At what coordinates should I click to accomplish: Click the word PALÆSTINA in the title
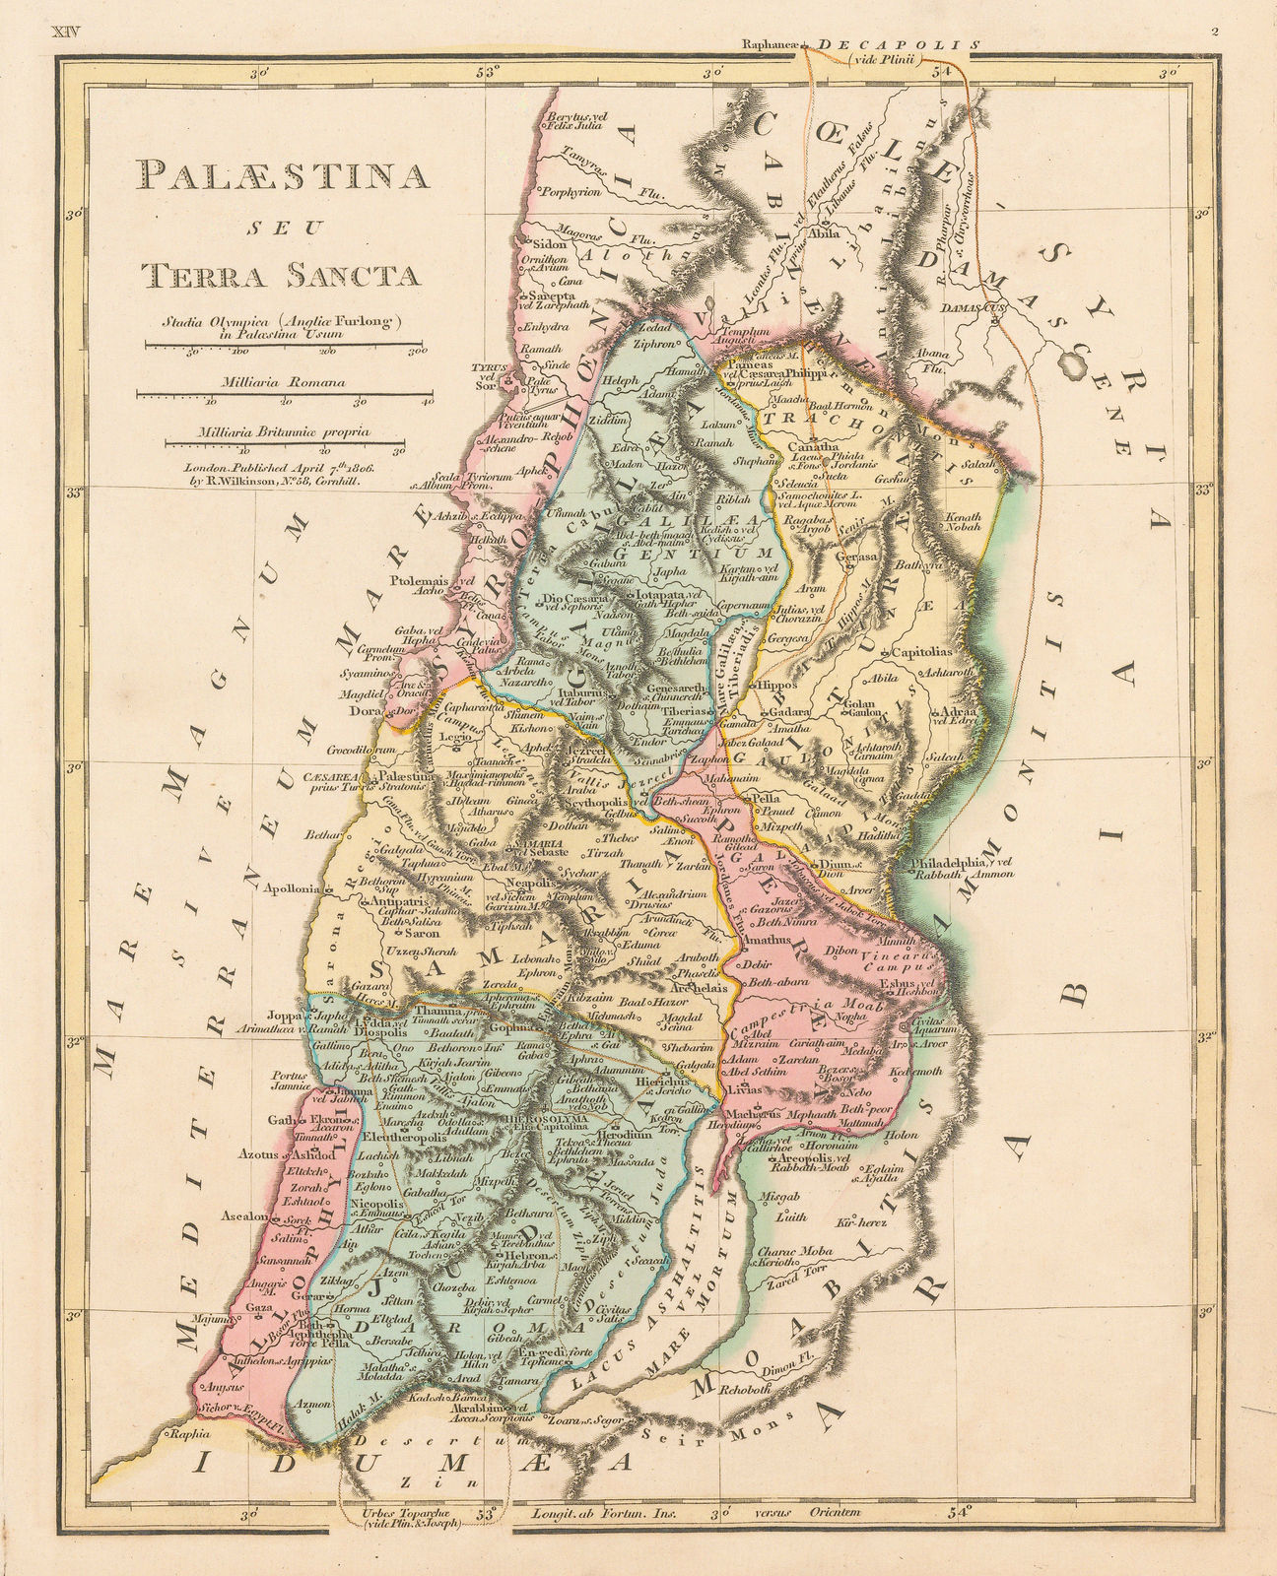[x=285, y=175]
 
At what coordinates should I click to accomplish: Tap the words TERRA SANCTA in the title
[x=280, y=273]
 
